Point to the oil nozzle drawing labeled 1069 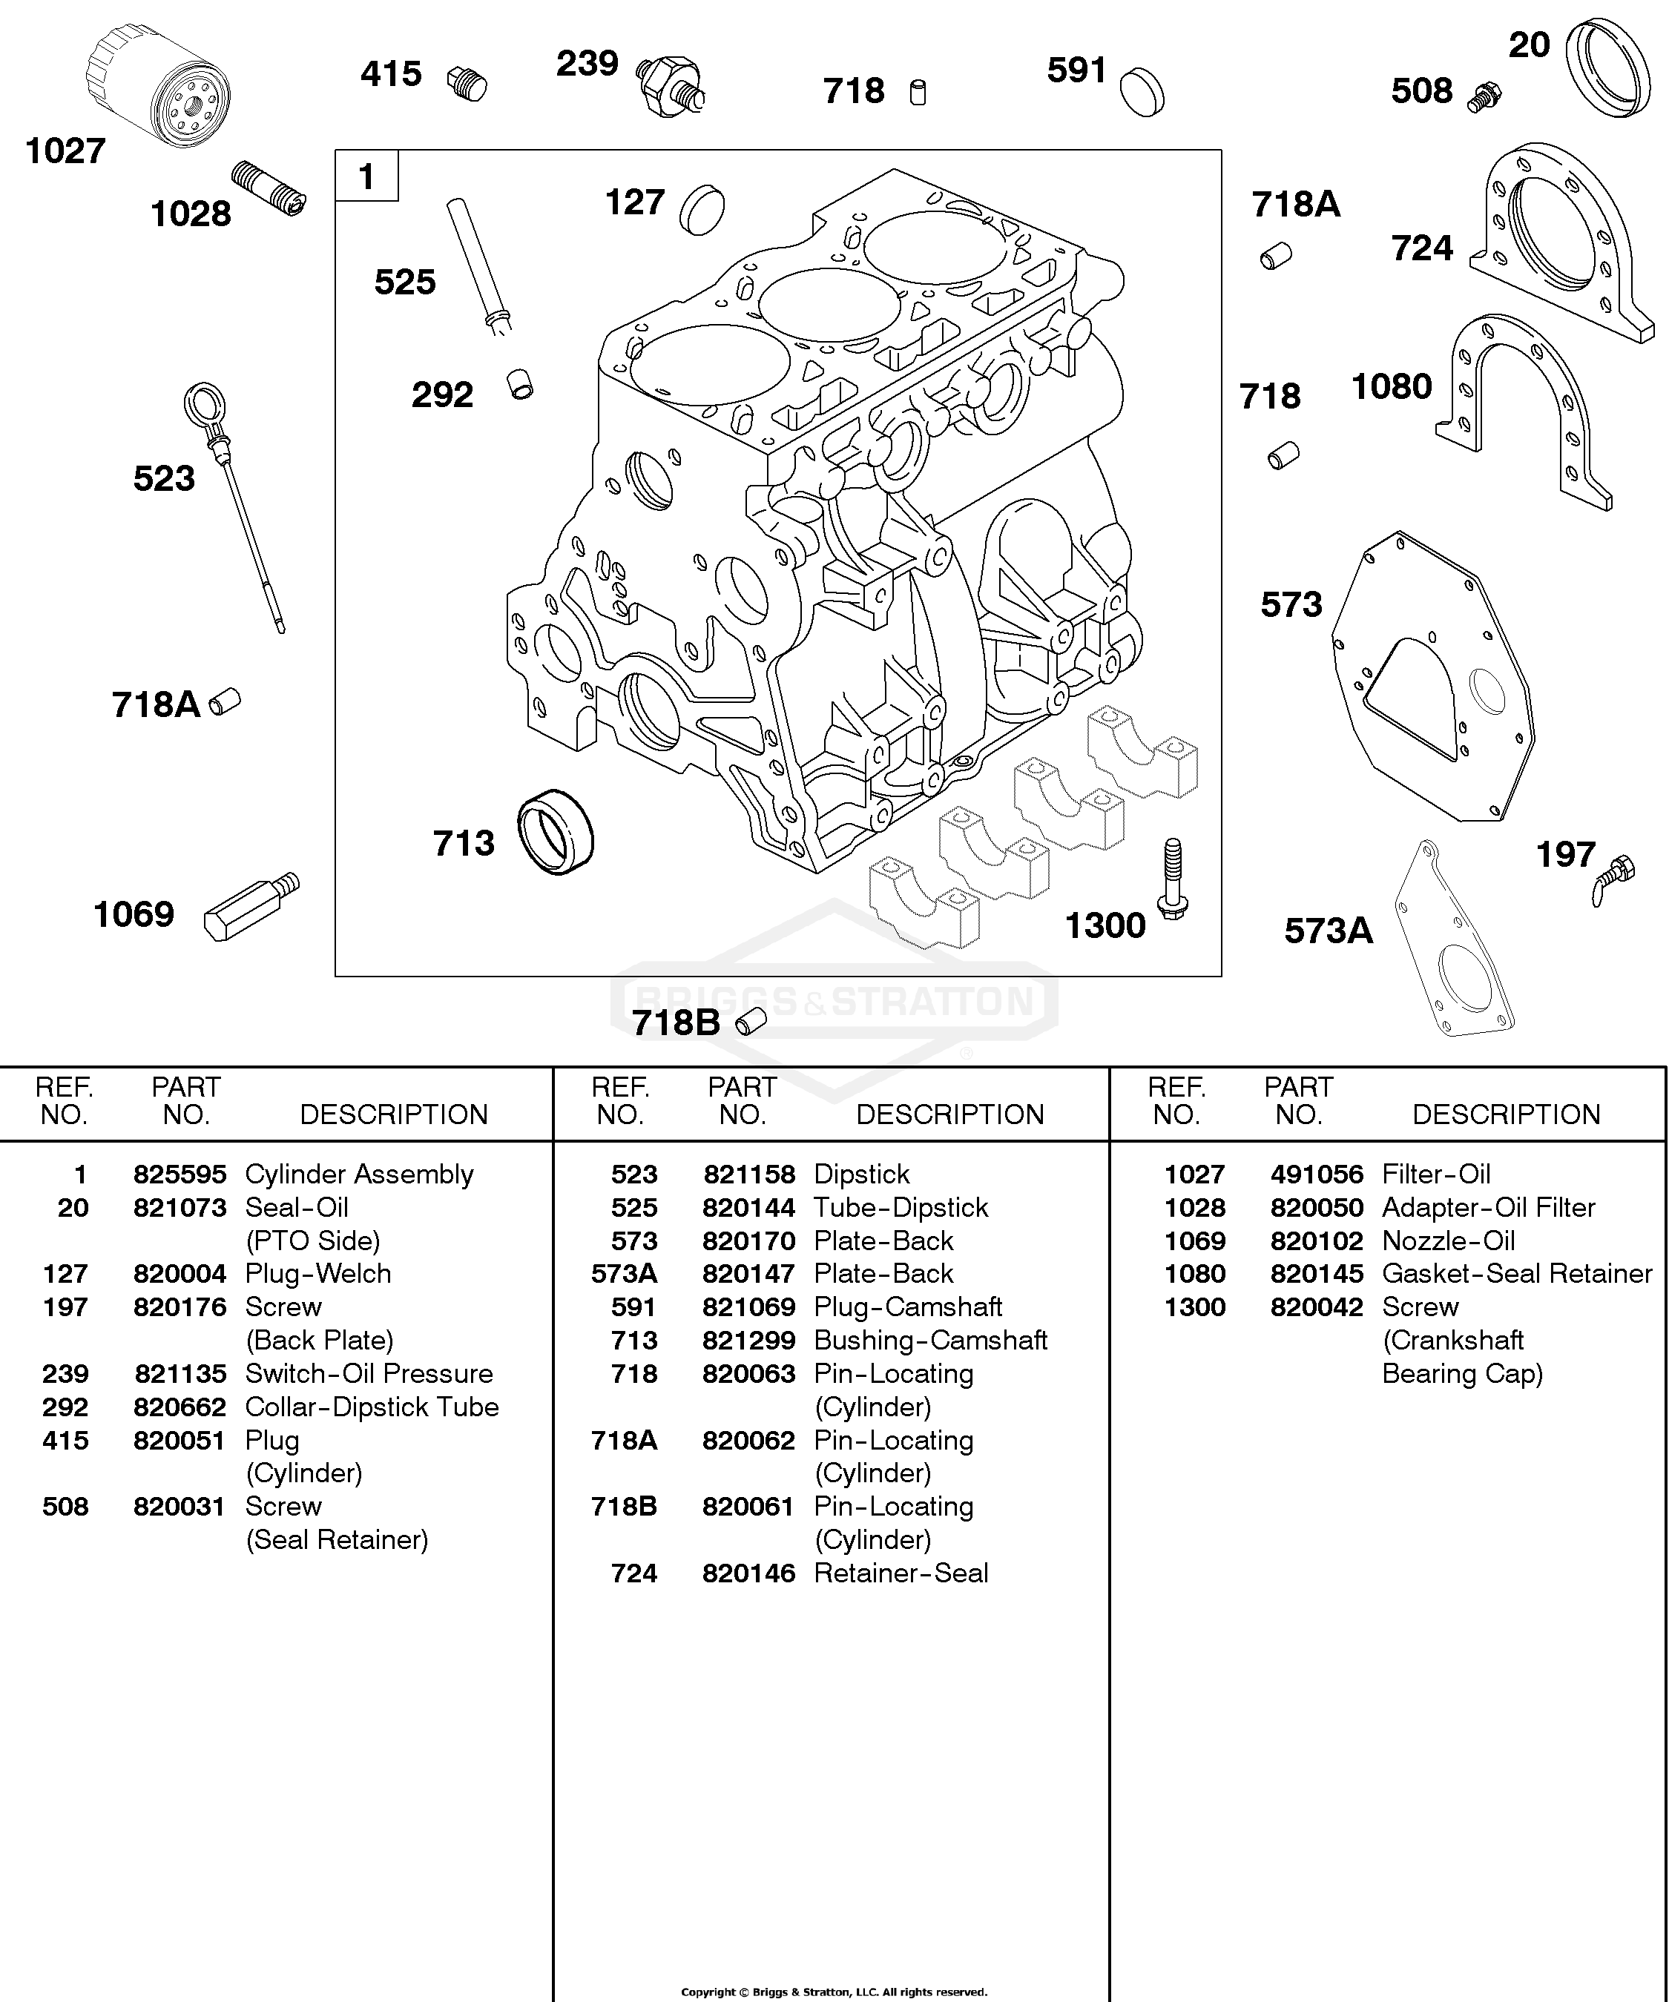click(x=251, y=907)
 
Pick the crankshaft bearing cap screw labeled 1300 click(x=1173, y=879)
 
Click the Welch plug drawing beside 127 click(x=702, y=209)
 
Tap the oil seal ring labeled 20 click(x=1608, y=67)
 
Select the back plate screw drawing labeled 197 click(x=1613, y=879)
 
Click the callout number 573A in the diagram click(x=1329, y=931)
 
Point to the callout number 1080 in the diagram click(x=1392, y=386)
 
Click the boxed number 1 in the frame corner click(x=366, y=176)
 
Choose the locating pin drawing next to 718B click(x=751, y=1022)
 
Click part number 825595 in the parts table click(x=180, y=1174)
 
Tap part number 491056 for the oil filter click(x=1317, y=1174)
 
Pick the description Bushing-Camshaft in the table click(x=931, y=1341)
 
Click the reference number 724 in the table click(x=634, y=1573)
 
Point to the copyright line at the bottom click(x=834, y=1992)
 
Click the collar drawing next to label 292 click(x=520, y=383)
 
